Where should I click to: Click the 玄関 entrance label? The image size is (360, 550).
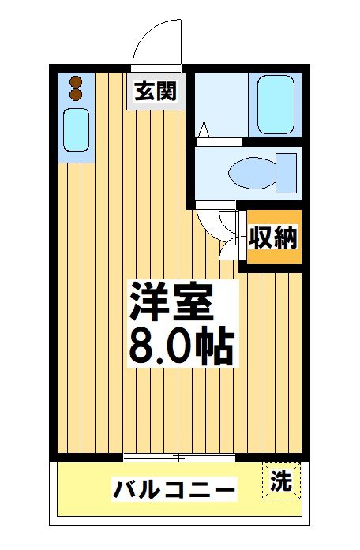155,91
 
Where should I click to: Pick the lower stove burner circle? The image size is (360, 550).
76,94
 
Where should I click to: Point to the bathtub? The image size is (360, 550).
274,105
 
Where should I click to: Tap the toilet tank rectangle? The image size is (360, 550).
287,170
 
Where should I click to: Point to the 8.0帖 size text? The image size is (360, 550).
181,345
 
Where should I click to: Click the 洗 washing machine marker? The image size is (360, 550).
281,480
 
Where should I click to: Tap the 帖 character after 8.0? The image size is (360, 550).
215,345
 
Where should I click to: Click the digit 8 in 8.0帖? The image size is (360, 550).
142,346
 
